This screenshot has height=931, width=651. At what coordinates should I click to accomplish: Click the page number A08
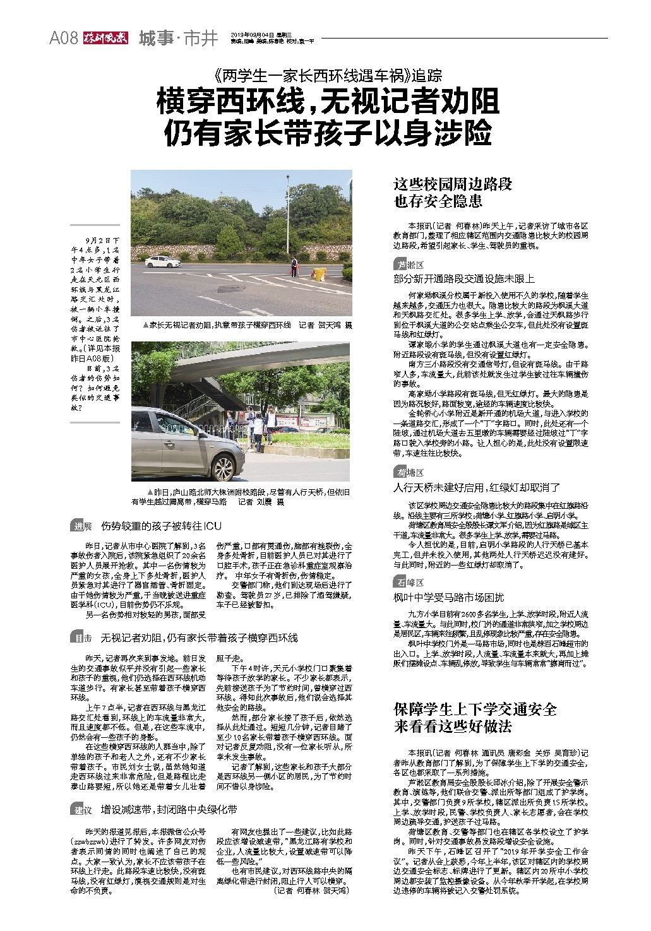click(64, 39)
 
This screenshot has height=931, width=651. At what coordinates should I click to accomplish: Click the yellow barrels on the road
click(320, 273)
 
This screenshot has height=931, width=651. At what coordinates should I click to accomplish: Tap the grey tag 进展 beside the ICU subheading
click(82, 526)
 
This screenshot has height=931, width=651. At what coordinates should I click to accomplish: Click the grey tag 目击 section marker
click(82, 638)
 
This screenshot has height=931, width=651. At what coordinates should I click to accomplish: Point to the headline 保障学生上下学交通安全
click(474, 709)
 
